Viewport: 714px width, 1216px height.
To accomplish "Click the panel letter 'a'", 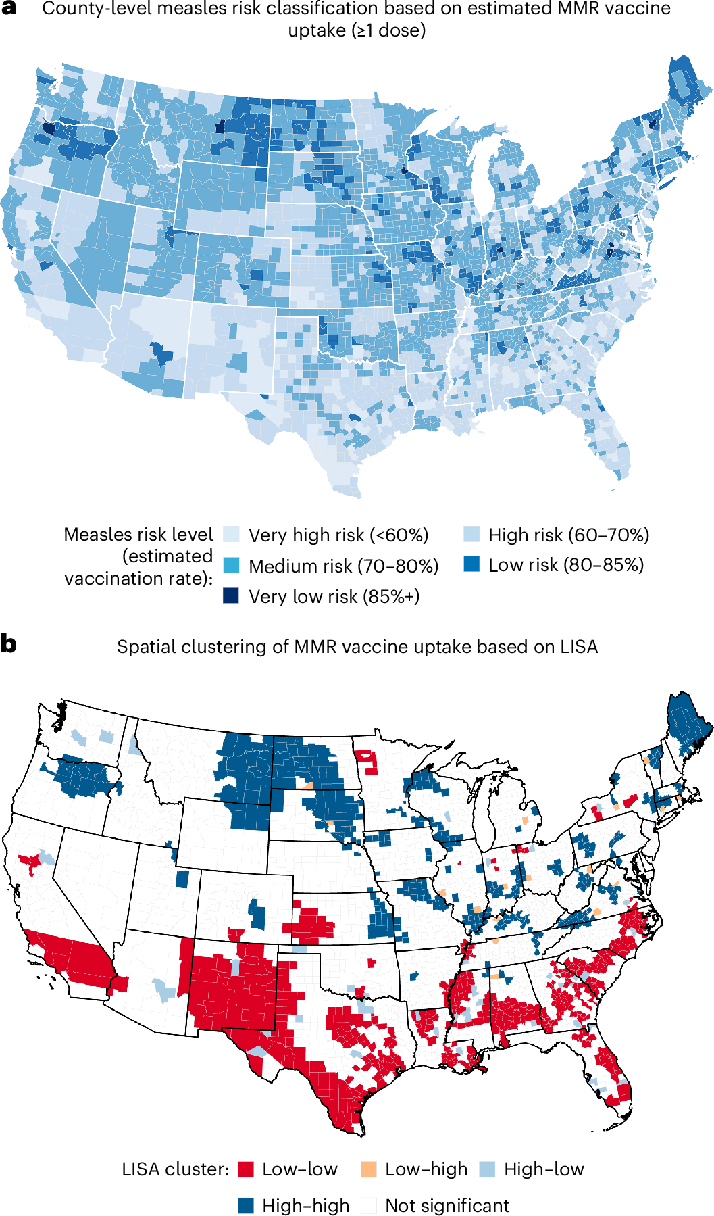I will coord(9,9).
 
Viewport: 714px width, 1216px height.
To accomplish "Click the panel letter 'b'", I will coord(9,643).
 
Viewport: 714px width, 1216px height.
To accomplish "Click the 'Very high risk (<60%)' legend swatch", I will coord(231,535).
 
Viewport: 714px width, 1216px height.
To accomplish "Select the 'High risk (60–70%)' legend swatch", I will coord(471,535).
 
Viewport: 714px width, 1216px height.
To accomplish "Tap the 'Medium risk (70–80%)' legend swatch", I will coord(231,565).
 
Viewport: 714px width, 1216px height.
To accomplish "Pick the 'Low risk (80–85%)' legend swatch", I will coord(471,564).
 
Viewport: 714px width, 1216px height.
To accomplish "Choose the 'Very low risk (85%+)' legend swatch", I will coord(231,595).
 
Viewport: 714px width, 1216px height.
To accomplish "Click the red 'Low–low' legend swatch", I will coord(246,1169).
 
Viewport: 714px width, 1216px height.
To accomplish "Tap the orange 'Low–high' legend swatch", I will coord(369,1169).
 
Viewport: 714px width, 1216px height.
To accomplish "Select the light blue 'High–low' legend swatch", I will coord(487,1169).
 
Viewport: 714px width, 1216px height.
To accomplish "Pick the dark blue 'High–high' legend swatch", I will coord(246,1205).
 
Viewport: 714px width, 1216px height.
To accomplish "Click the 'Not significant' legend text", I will coord(447,1205).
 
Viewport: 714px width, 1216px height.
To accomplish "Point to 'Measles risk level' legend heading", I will coord(138,535).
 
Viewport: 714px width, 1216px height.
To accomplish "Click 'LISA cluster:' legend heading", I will coord(176,1169).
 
